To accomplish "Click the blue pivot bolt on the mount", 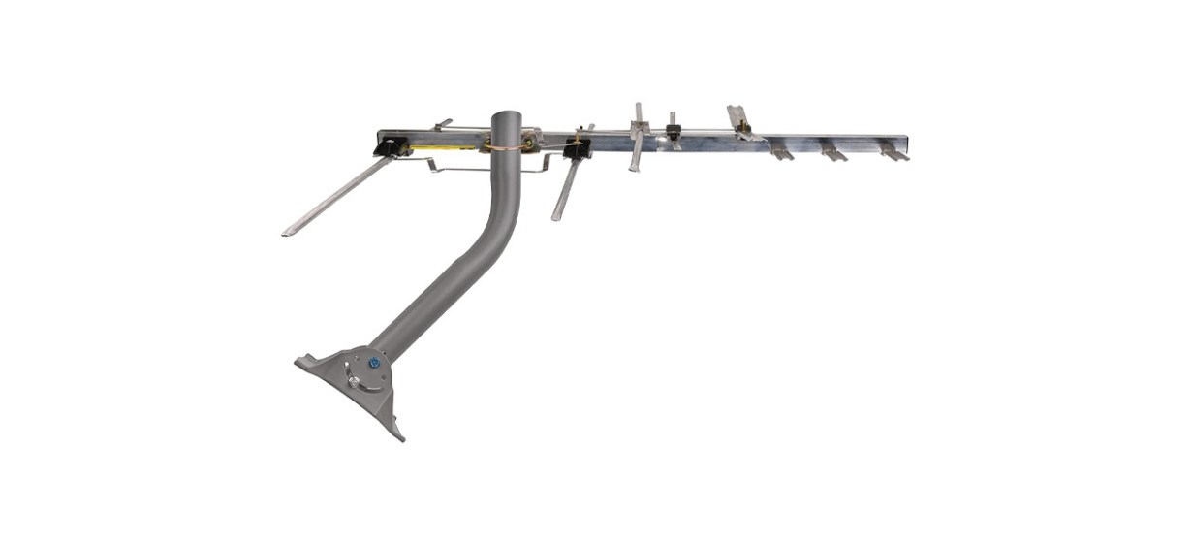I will [373, 363].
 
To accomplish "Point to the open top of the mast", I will [506, 115].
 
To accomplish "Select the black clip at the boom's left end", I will [391, 147].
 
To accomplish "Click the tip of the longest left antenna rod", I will [287, 233].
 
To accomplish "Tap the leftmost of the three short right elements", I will [782, 152].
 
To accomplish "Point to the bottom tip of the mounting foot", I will [399, 437].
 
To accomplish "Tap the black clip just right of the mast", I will [578, 150].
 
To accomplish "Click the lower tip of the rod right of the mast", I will [556, 218].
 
